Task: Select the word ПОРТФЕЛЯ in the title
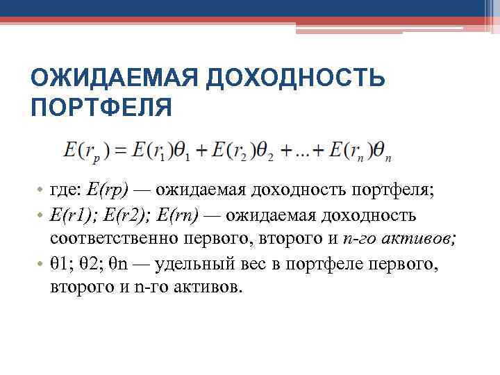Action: [101, 108]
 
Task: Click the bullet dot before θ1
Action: [41, 265]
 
